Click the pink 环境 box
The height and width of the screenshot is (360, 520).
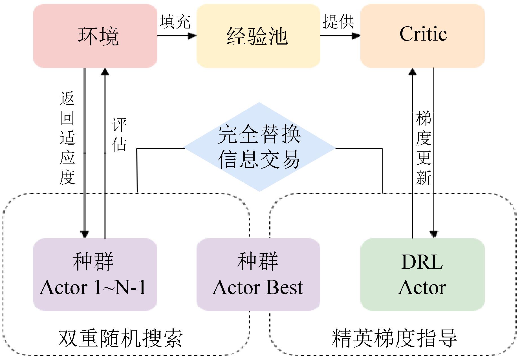[x=95, y=36]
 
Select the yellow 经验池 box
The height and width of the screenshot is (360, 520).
[x=258, y=36]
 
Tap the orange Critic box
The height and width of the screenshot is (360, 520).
[x=422, y=36]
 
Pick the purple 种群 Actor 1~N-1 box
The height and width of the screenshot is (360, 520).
[x=95, y=275]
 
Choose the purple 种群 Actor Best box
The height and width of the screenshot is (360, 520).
[x=258, y=275]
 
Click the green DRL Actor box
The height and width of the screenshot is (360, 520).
[x=422, y=275]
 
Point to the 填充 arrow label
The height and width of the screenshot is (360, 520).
[x=175, y=21]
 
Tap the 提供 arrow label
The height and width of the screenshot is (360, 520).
[x=338, y=21]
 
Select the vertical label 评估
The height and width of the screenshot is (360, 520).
[x=119, y=134]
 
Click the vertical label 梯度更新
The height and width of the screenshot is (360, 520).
[x=424, y=148]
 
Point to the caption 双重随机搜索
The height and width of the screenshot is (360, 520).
[x=120, y=338]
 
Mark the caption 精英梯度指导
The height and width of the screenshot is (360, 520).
[x=394, y=338]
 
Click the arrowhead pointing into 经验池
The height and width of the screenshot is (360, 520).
[x=193, y=36]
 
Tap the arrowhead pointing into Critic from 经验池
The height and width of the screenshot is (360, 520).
[x=357, y=36]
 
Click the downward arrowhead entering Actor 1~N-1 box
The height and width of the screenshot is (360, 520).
[x=85, y=234]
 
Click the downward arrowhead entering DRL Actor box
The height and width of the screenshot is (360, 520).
[x=434, y=234]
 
